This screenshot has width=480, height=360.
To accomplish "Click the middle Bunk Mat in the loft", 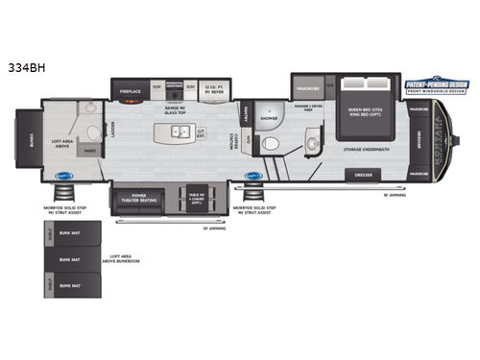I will pyautogui.click(x=69, y=259).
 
